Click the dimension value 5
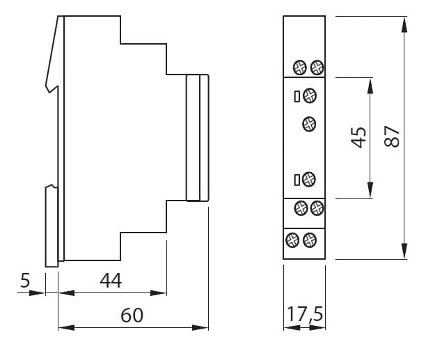pos(25,281)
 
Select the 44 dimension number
pos(111,281)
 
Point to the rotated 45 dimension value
pos(358,136)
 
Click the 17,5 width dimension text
pos(304,315)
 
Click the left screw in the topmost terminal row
pos(300,67)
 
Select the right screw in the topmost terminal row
pos(316,67)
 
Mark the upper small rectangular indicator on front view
pos(297,95)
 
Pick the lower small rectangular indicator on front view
pos(297,180)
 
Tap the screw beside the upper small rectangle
pos(310,95)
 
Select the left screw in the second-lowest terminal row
pos(301,207)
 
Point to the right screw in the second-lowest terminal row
pos(317,207)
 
